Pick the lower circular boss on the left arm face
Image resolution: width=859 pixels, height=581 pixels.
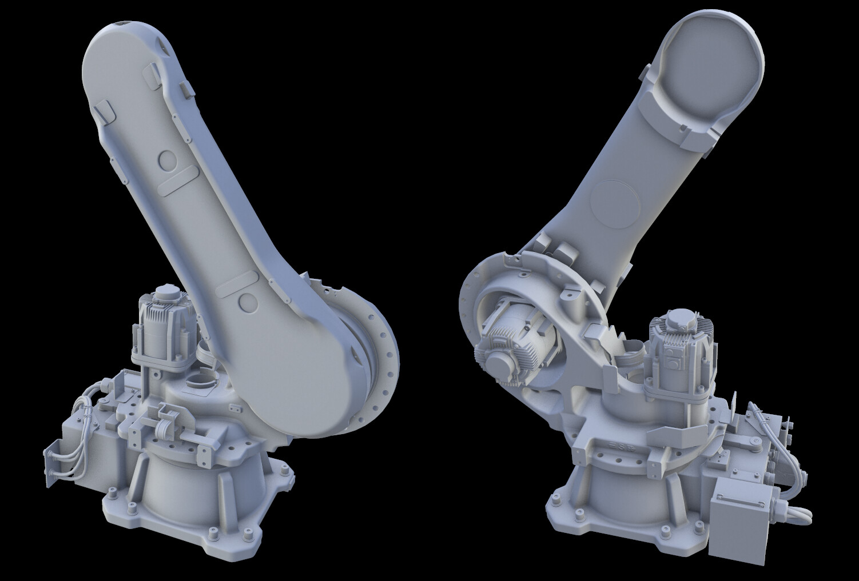[248, 302]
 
